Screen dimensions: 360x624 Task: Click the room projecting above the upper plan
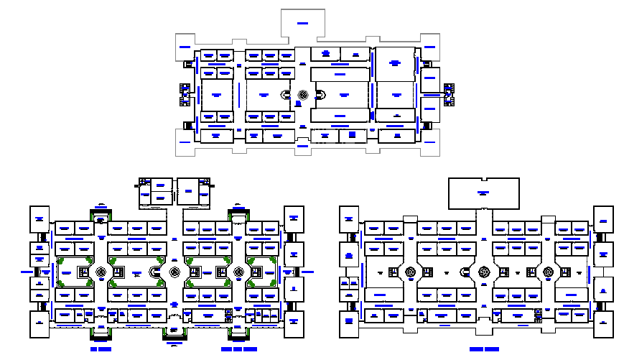(302, 25)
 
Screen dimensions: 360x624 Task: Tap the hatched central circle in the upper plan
(302, 95)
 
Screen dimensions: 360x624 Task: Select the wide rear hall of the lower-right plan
(483, 193)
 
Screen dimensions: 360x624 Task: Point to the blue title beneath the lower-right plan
(484, 349)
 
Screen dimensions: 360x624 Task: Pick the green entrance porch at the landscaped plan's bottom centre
(174, 331)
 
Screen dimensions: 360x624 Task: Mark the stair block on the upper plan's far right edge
(450, 94)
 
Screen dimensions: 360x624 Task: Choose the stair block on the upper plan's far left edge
(183, 94)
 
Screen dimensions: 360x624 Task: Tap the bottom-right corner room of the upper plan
(430, 144)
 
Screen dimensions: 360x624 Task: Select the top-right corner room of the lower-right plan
(603, 218)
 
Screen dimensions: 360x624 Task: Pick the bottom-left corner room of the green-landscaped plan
(39, 323)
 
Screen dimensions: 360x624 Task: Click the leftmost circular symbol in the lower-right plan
(411, 272)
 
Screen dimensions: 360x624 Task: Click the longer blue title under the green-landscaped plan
(239, 349)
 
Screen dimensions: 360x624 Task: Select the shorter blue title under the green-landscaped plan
(101, 349)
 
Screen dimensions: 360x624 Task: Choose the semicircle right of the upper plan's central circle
(320, 95)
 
